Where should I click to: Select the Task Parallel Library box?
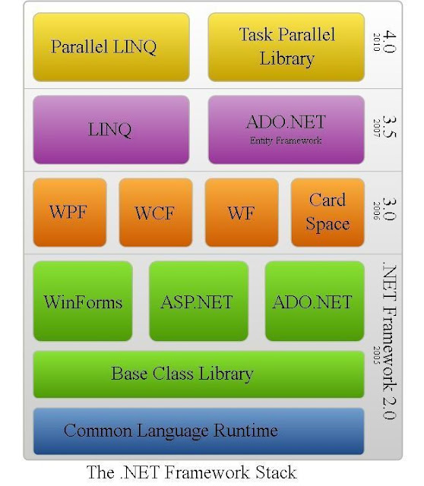click(286, 46)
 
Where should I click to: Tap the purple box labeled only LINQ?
click(109, 129)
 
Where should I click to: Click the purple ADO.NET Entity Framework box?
click(286, 129)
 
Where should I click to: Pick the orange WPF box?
click(68, 213)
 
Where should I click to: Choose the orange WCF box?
click(155, 213)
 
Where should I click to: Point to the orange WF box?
click(241, 213)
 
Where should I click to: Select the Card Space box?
click(327, 213)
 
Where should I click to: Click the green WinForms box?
click(83, 301)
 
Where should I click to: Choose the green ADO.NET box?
click(312, 301)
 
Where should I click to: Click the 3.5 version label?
click(388, 122)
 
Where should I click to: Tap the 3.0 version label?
click(388, 207)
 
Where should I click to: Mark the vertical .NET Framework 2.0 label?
click(388, 342)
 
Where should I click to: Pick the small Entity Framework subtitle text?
click(286, 140)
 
